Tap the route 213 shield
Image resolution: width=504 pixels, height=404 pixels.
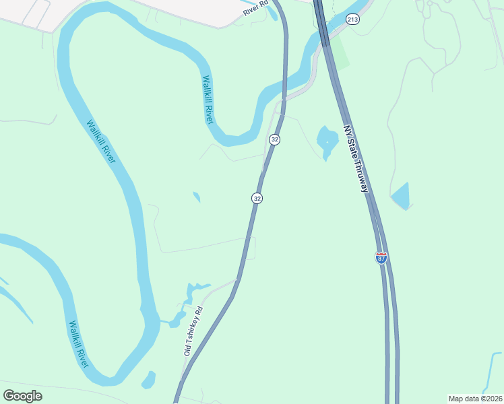tap(353, 20)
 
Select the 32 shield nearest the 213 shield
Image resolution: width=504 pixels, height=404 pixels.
tap(274, 139)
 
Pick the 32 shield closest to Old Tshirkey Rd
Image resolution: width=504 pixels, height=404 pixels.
tap(257, 198)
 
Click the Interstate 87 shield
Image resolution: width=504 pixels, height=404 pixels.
tap(381, 257)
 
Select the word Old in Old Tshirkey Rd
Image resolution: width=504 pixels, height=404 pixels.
tap(188, 349)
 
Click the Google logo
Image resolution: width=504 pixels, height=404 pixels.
tap(22, 395)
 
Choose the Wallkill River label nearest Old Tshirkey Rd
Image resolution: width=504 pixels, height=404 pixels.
tap(78, 343)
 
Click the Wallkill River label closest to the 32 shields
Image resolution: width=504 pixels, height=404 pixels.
tap(208, 99)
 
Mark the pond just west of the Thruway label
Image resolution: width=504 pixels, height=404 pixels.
tap(327, 140)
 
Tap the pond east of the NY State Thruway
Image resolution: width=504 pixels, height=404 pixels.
tap(401, 196)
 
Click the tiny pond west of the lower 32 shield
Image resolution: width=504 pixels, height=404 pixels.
tap(196, 197)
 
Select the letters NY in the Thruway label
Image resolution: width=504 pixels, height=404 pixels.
tap(347, 130)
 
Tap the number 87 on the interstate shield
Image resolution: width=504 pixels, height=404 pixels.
tap(381, 258)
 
